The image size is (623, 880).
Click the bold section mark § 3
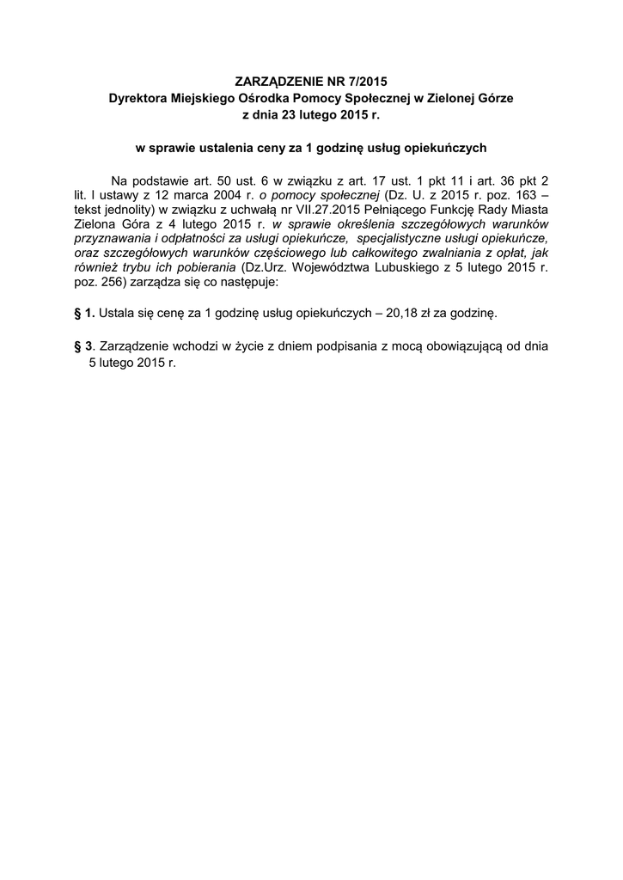(x=84, y=347)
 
